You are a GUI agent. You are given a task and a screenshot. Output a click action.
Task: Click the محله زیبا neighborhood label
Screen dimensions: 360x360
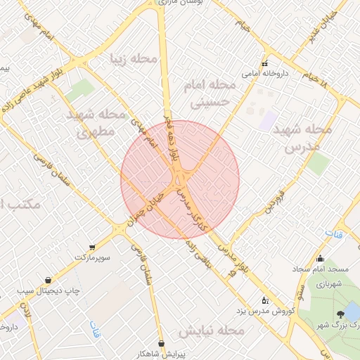pyautogui.click(x=134, y=58)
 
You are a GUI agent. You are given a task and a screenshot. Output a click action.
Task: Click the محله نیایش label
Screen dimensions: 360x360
pyautogui.click(x=212, y=330)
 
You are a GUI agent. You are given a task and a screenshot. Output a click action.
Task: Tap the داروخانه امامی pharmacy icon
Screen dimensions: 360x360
pyautogui.click(x=264, y=63)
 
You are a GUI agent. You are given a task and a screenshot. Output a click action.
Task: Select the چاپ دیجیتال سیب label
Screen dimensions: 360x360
pyautogui.click(x=48, y=290)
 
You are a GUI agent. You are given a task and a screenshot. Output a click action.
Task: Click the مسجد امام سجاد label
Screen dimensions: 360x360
pyautogui.click(x=321, y=270)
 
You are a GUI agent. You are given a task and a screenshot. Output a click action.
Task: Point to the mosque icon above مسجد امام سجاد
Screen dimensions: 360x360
pyautogui.click(x=321, y=259)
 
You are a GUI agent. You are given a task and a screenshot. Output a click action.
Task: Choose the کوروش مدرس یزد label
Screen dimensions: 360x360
pyautogui.click(x=238, y=310)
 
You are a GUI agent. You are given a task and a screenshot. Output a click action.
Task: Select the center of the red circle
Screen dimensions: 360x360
pyautogui.click(x=180, y=179)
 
